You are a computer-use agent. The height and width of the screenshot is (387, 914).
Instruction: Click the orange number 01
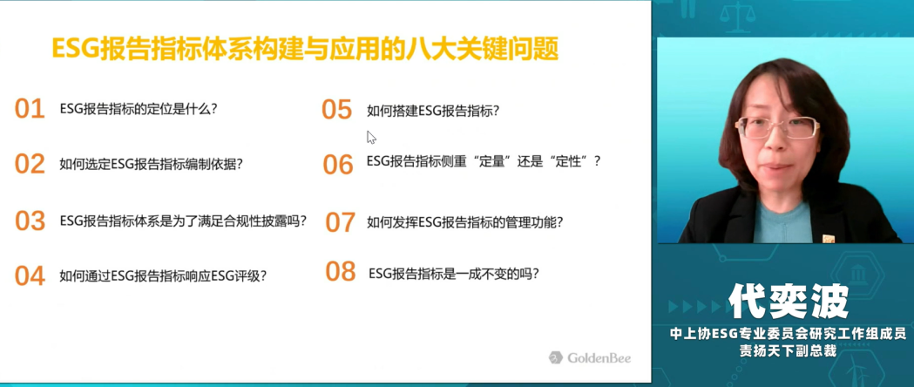(x=30, y=109)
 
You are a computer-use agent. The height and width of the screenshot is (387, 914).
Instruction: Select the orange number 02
(x=30, y=164)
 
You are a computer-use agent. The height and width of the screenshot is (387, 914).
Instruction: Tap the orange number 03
(x=30, y=221)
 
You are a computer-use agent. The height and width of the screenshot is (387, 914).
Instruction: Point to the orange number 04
(x=30, y=275)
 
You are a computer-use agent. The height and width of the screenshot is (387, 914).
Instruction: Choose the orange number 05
(x=337, y=110)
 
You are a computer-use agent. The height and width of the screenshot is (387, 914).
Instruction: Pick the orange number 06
(x=338, y=165)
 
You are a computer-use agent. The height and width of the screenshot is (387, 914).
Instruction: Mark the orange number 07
(x=340, y=222)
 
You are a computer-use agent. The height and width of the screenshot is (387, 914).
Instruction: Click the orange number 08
(x=341, y=271)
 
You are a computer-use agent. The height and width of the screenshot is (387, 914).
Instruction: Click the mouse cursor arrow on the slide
(x=370, y=137)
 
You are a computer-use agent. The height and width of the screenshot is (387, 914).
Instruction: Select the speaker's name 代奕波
(x=788, y=302)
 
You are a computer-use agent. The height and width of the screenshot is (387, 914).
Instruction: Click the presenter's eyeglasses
(x=777, y=127)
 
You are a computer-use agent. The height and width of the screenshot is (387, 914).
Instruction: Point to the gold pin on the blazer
(x=829, y=238)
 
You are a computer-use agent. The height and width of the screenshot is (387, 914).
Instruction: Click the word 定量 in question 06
(x=494, y=161)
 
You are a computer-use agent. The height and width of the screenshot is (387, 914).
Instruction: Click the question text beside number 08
(x=453, y=274)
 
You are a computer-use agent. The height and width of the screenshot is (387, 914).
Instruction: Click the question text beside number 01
(x=139, y=109)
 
